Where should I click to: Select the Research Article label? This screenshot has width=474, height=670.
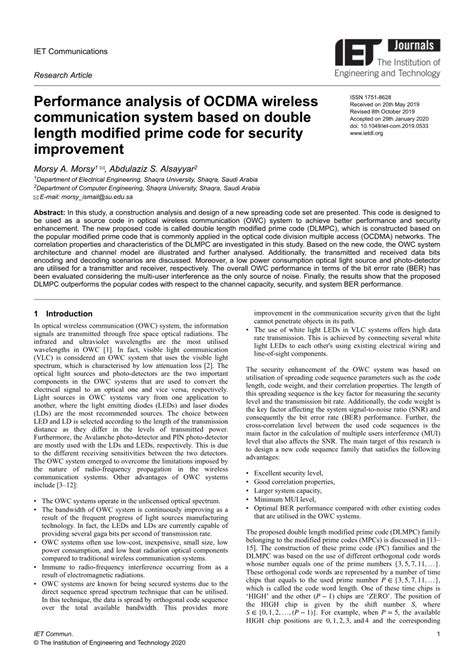pos(63,75)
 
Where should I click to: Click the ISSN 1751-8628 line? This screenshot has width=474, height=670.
pos(372,99)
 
